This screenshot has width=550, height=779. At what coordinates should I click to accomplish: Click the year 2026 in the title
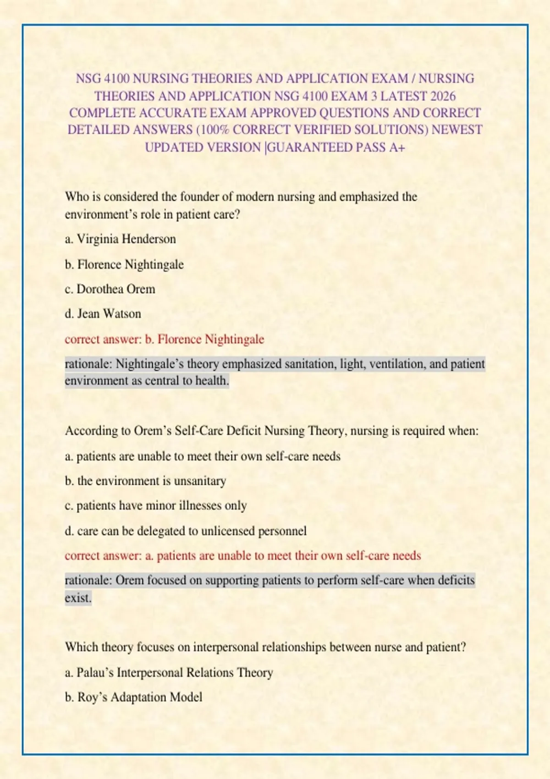443,96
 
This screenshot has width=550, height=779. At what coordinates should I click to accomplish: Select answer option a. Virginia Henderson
121,239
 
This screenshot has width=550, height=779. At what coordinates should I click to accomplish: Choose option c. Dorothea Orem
110,289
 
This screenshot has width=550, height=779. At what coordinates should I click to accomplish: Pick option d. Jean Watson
103,314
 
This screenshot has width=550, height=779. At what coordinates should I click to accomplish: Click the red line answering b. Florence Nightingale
165,340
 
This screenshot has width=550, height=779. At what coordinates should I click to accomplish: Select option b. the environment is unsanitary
146,481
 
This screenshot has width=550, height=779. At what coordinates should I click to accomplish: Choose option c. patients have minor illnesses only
156,506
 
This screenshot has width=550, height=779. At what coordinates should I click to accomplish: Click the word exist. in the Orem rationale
78,598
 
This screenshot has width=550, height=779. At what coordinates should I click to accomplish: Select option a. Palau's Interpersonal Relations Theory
169,673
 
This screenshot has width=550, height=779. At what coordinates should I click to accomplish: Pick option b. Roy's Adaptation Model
134,697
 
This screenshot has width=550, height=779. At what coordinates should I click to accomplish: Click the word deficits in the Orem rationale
456,581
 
